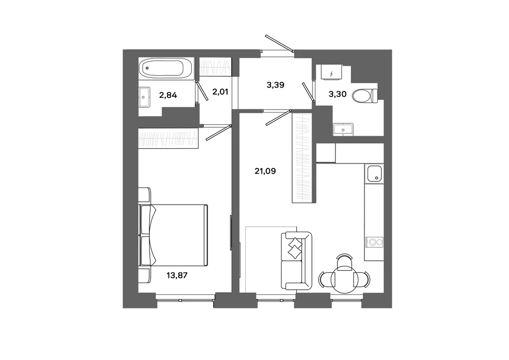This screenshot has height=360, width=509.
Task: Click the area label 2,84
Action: [168, 95]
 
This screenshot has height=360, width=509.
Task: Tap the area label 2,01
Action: [220, 92]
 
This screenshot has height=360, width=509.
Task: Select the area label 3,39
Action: [275, 85]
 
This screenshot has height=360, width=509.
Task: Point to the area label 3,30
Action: [337, 94]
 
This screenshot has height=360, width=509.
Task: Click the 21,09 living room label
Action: [265, 171]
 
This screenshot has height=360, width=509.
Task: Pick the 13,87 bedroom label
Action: [177, 275]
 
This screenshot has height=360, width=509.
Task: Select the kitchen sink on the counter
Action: [374, 173]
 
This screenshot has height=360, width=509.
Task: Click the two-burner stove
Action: [375, 242]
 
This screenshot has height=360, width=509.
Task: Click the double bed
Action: [173, 236]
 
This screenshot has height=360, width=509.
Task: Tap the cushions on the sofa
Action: [295, 247]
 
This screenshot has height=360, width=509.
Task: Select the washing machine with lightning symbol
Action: [332, 72]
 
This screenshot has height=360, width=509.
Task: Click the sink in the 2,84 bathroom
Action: [144, 97]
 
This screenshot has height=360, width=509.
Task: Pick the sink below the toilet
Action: [344, 129]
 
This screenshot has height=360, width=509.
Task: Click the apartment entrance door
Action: [279, 43]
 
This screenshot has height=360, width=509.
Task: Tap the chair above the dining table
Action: [344, 262]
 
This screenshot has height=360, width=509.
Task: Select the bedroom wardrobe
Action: [168, 138]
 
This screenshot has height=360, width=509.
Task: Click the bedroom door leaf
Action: [219, 132]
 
